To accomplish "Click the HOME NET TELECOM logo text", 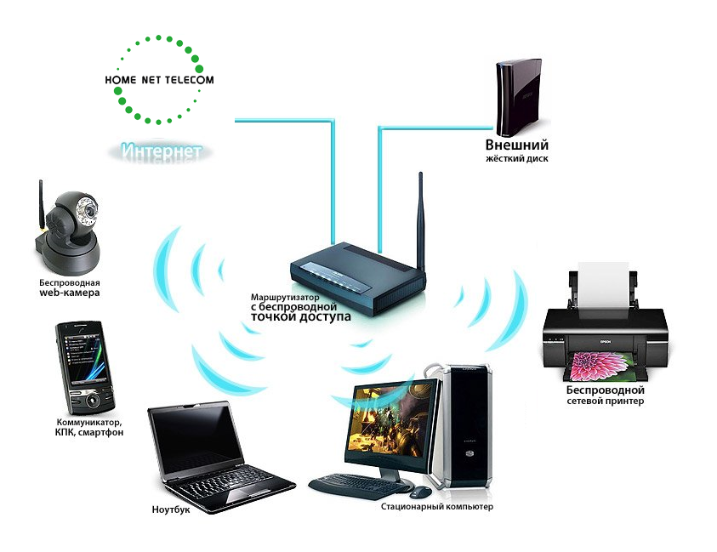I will pyautogui.click(x=158, y=80).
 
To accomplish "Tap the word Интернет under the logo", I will pyautogui.click(x=162, y=151).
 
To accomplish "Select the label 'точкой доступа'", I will pyautogui.click(x=300, y=317).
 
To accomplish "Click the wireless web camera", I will pyautogui.click(x=71, y=225).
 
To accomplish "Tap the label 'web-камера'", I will pyautogui.click(x=70, y=293).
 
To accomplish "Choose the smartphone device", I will pyautogui.click(x=83, y=367).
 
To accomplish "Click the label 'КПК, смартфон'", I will pyautogui.click(x=89, y=433).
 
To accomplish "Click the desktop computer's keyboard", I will pyautogui.click(x=357, y=486).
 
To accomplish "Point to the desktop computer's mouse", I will pyautogui.click(x=420, y=492).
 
